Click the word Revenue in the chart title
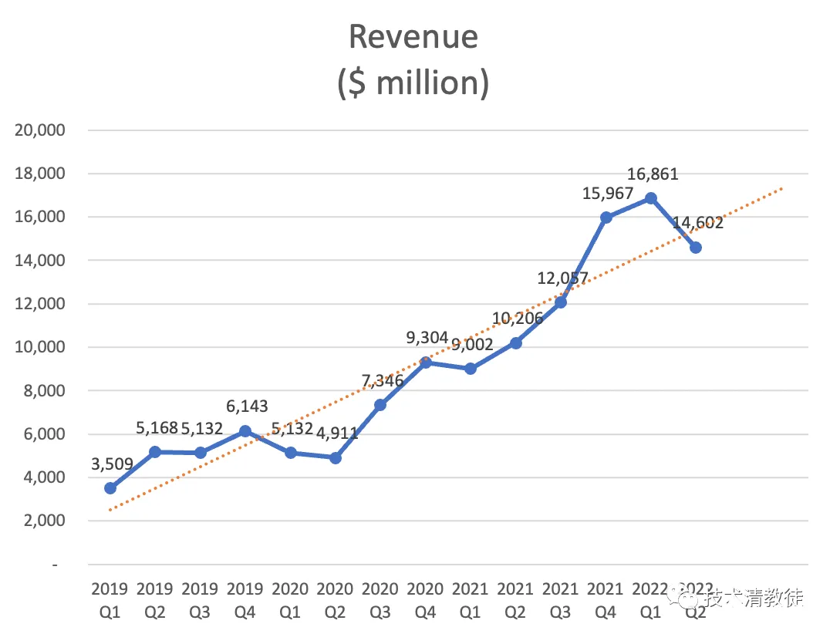[x=413, y=37]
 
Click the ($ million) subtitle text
[x=413, y=83]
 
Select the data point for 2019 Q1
[x=110, y=488]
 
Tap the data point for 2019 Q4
[x=245, y=431]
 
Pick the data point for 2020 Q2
[x=335, y=458]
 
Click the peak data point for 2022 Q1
[x=650, y=198]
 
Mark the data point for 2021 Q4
[x=606, y=218]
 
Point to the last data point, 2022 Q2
[x=696, y=248]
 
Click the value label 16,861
[x=653, y=174]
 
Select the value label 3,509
[x=112, y=464]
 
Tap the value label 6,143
[x=247, y=406]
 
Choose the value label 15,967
[x=608, y=194]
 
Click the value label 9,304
[x=427, y=338]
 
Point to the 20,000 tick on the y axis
[x=39, y=130]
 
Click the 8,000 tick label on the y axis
[x=44, y=391]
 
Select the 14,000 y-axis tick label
[x=39, y=261]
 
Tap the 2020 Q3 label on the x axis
[x=380, y=601]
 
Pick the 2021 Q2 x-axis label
[x=515, y=601]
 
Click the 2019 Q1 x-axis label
[x=110, y=601]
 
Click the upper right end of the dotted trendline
[x=782, y=188]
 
